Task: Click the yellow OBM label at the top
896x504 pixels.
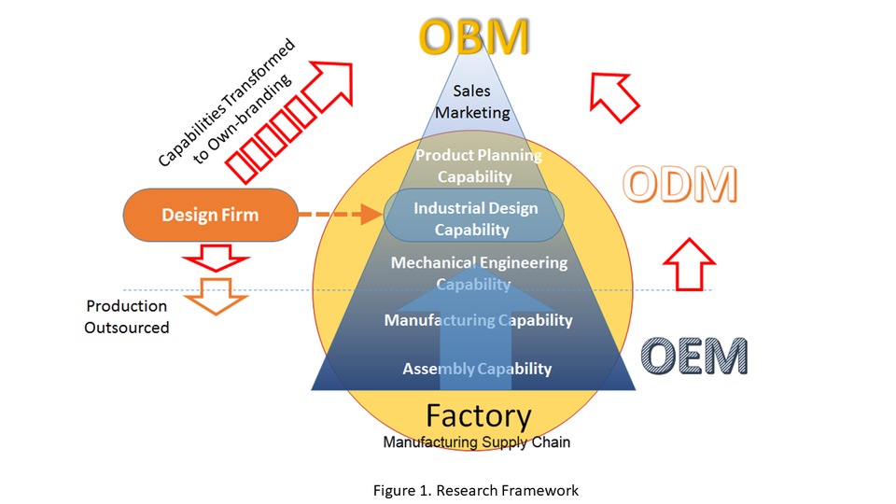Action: click(x=474, y=37)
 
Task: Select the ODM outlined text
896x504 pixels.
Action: click(x=679, y=185)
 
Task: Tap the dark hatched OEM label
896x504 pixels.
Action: click(x=693, y=356)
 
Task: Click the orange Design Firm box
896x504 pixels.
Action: click(x=210, y=215)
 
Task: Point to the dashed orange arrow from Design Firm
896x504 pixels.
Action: click(x=340, y=215)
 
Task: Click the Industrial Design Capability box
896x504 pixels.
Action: click(x=474, y=215)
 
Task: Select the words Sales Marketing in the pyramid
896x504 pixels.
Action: click(x=472, y=102)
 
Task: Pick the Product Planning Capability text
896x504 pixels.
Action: click(x=478, y=166)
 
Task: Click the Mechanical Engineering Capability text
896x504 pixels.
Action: click(x=479, y=273)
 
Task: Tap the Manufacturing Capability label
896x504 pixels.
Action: click(x=478, y=320)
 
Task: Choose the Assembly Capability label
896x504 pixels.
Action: click(x=477, y=369)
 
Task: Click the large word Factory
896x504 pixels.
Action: click(x=479, y=416)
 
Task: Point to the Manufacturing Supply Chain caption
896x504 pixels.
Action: click(x=477, y=441)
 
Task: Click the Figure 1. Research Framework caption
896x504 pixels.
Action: click(x=475, y=490)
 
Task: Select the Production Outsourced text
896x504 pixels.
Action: click(x=126, y=316)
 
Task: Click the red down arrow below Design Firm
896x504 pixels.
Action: click(x=216, y=259)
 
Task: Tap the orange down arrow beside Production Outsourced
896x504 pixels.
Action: click(x=216, y=296)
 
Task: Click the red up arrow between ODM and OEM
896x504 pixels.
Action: click(x=689, y=264)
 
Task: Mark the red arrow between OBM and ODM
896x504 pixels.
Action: click(x=613, y=95)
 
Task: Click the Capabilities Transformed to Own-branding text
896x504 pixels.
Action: click(x=228, y=103)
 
